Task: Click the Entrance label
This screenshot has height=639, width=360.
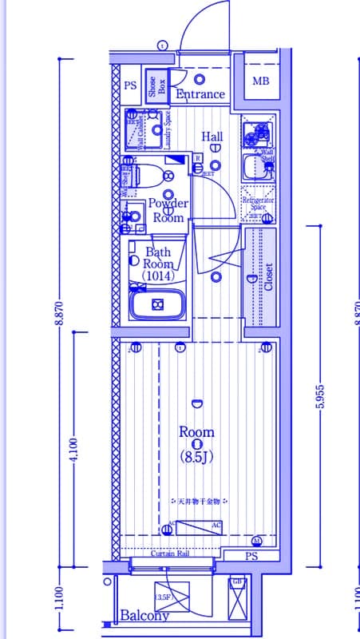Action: (200, 94)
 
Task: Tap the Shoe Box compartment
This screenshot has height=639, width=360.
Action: (156, 87)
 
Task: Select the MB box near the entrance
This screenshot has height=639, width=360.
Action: (261, 81)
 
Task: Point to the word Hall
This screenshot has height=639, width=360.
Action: (212, 137)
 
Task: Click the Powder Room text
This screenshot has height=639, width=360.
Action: (168, 211)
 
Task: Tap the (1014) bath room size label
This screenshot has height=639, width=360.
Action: (157, 276)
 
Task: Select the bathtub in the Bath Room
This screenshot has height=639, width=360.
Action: (157, 305)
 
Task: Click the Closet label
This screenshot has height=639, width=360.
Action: (268, 277)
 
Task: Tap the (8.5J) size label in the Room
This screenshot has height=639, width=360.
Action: (196, 458)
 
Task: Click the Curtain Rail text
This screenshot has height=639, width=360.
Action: (170, 554)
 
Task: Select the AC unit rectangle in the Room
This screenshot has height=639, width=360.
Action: (199, 528)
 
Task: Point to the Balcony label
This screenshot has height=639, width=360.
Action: (144, 616)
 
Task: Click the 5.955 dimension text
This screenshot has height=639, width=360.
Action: (319, 393)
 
